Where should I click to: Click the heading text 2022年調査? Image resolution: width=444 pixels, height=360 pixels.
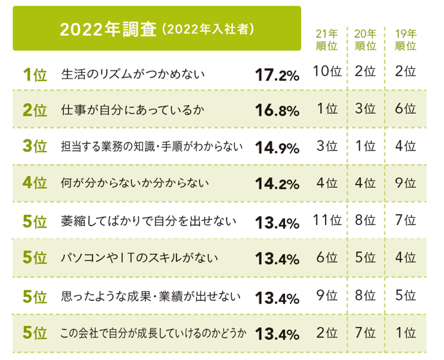pos(107,30)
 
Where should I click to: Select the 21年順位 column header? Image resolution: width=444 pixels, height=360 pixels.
pos(328,40)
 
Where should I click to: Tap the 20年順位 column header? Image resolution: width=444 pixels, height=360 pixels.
pos(365,40)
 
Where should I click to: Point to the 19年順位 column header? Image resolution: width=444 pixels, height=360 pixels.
pos(405,40)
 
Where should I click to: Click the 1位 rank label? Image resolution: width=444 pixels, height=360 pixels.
pos(35,75)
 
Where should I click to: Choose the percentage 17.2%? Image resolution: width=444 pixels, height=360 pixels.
pos(277,75)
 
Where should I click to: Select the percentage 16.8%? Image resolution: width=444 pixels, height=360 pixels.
pos(277,111)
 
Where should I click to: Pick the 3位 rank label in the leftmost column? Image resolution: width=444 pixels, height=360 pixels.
pos(35,147)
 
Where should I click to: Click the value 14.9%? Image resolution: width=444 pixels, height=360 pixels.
pos(277,148)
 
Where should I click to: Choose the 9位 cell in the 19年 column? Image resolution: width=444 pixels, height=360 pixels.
pos(405,183)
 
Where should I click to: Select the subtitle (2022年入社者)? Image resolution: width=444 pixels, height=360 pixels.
pos(207,30)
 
